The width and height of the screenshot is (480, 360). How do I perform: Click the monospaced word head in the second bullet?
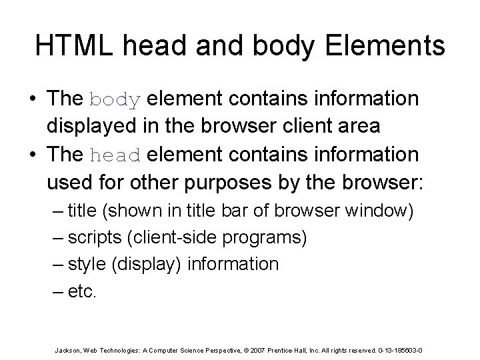click(114, 155)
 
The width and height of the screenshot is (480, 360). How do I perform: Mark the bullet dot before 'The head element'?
click(32, 155)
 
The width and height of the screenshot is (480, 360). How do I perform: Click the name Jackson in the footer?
click(67, 350)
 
